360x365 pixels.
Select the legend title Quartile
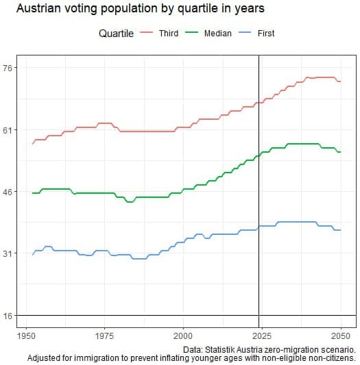(x=116, y=34)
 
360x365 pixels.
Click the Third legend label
(x=168, y=34)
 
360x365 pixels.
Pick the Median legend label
(x=218, y=34)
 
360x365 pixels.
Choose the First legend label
(x=265, y=34)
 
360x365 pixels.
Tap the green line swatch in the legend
(x=194, y=34)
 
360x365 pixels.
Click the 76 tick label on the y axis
(x=10, y=68)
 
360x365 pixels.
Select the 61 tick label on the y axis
(x=10, y=130)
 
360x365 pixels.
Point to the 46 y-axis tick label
(x=10, y=192)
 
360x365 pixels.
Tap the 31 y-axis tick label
(x=10, y=254)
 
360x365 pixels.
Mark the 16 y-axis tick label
(x=10, y=316)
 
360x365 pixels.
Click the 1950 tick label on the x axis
(x=26, y=336)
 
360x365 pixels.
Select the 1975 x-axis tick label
(x=104, y=336)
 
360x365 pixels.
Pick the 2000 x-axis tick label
(x=183, y=336)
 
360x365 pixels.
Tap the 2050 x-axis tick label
(x=340, y=336)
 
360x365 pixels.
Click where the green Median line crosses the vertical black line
(x=259, y=155)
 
